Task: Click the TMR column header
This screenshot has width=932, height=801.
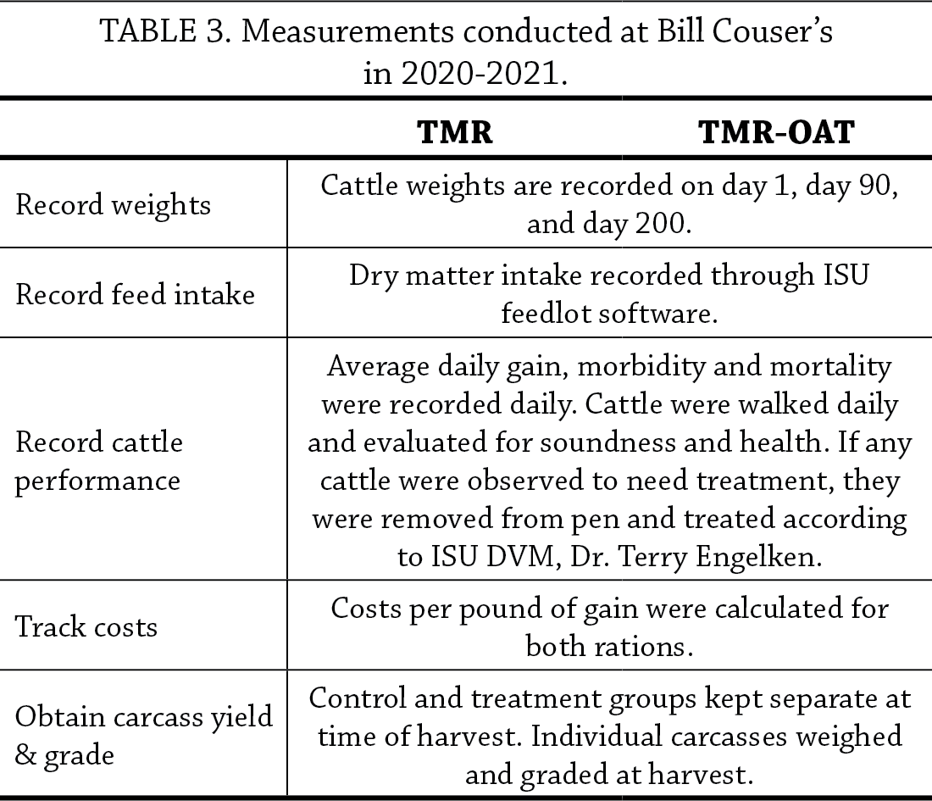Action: click(x=456, y=133)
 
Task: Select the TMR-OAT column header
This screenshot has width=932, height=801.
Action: click(x=775, y=133)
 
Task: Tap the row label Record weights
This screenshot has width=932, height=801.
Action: click(x=114, y=206)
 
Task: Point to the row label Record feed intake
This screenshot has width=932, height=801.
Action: click(x=136, y=294)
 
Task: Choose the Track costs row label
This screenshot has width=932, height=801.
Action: click(x=86, y=626)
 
